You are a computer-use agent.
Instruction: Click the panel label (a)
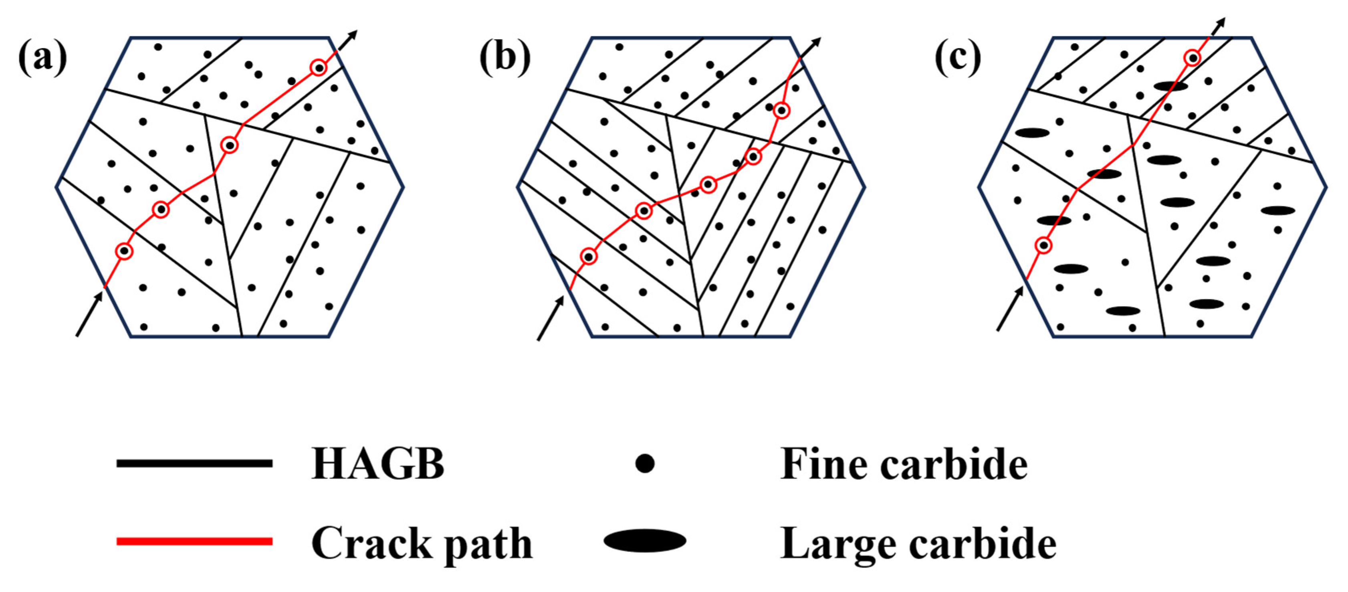coord(42,59)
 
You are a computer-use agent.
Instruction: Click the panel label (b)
coord(504,59)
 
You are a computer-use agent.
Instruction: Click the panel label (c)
coord(958,59)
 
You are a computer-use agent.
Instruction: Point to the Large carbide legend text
coord(918,544)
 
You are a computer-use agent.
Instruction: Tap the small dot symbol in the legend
coord(645,463)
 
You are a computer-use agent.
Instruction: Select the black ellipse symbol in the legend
coord(645,541)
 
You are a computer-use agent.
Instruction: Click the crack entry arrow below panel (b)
coord(551,318)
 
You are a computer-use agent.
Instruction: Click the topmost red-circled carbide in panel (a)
coord(318,67)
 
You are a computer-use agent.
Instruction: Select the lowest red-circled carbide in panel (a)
coord(124,251)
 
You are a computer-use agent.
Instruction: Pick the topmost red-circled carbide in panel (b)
coord(781,111)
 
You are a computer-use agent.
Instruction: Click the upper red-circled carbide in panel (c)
coord(1192,58)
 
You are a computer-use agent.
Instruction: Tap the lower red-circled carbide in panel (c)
coord(1044,245)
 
